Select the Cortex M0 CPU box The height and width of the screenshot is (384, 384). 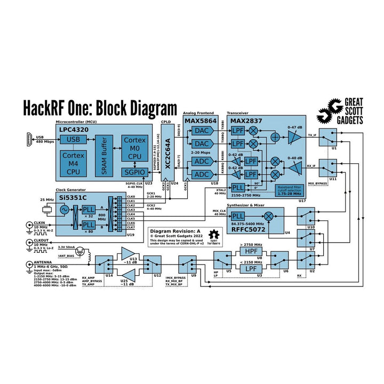(134, 148)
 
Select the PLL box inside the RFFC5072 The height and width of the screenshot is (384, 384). (238, 217)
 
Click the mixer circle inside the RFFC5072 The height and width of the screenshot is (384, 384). (270, 217)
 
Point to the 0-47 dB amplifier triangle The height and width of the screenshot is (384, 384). (293, 137)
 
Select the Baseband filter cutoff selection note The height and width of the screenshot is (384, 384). (290, 190)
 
